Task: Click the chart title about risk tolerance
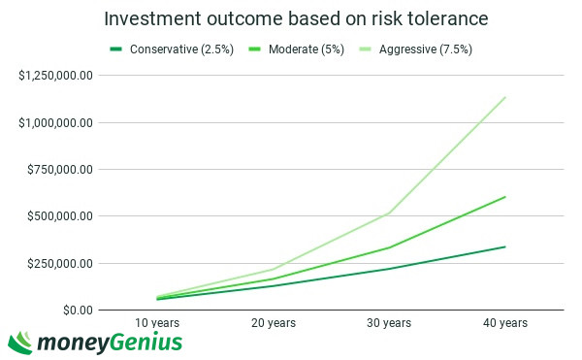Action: click(297, 19)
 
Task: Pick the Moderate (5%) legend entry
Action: click(296, 49)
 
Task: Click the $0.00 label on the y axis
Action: click(73, 310)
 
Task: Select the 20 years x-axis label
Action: click(275, 322)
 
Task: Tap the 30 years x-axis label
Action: click(389, 322)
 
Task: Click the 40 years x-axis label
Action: click(505, 322)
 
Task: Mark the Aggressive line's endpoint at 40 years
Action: click(505, 97)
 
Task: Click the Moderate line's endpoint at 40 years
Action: click(505, 197)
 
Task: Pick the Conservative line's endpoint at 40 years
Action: click(505, 246)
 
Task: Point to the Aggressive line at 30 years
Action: click(390, 213)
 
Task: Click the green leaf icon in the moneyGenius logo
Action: click(20, 342)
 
